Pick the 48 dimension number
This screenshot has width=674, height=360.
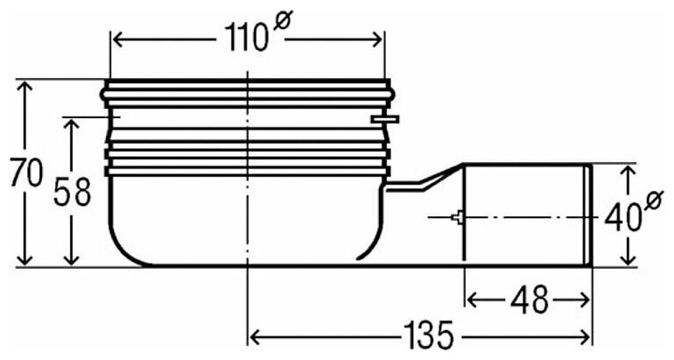point(528,300)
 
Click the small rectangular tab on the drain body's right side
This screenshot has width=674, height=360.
point(385,118)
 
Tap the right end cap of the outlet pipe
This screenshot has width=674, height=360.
point(587,215)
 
